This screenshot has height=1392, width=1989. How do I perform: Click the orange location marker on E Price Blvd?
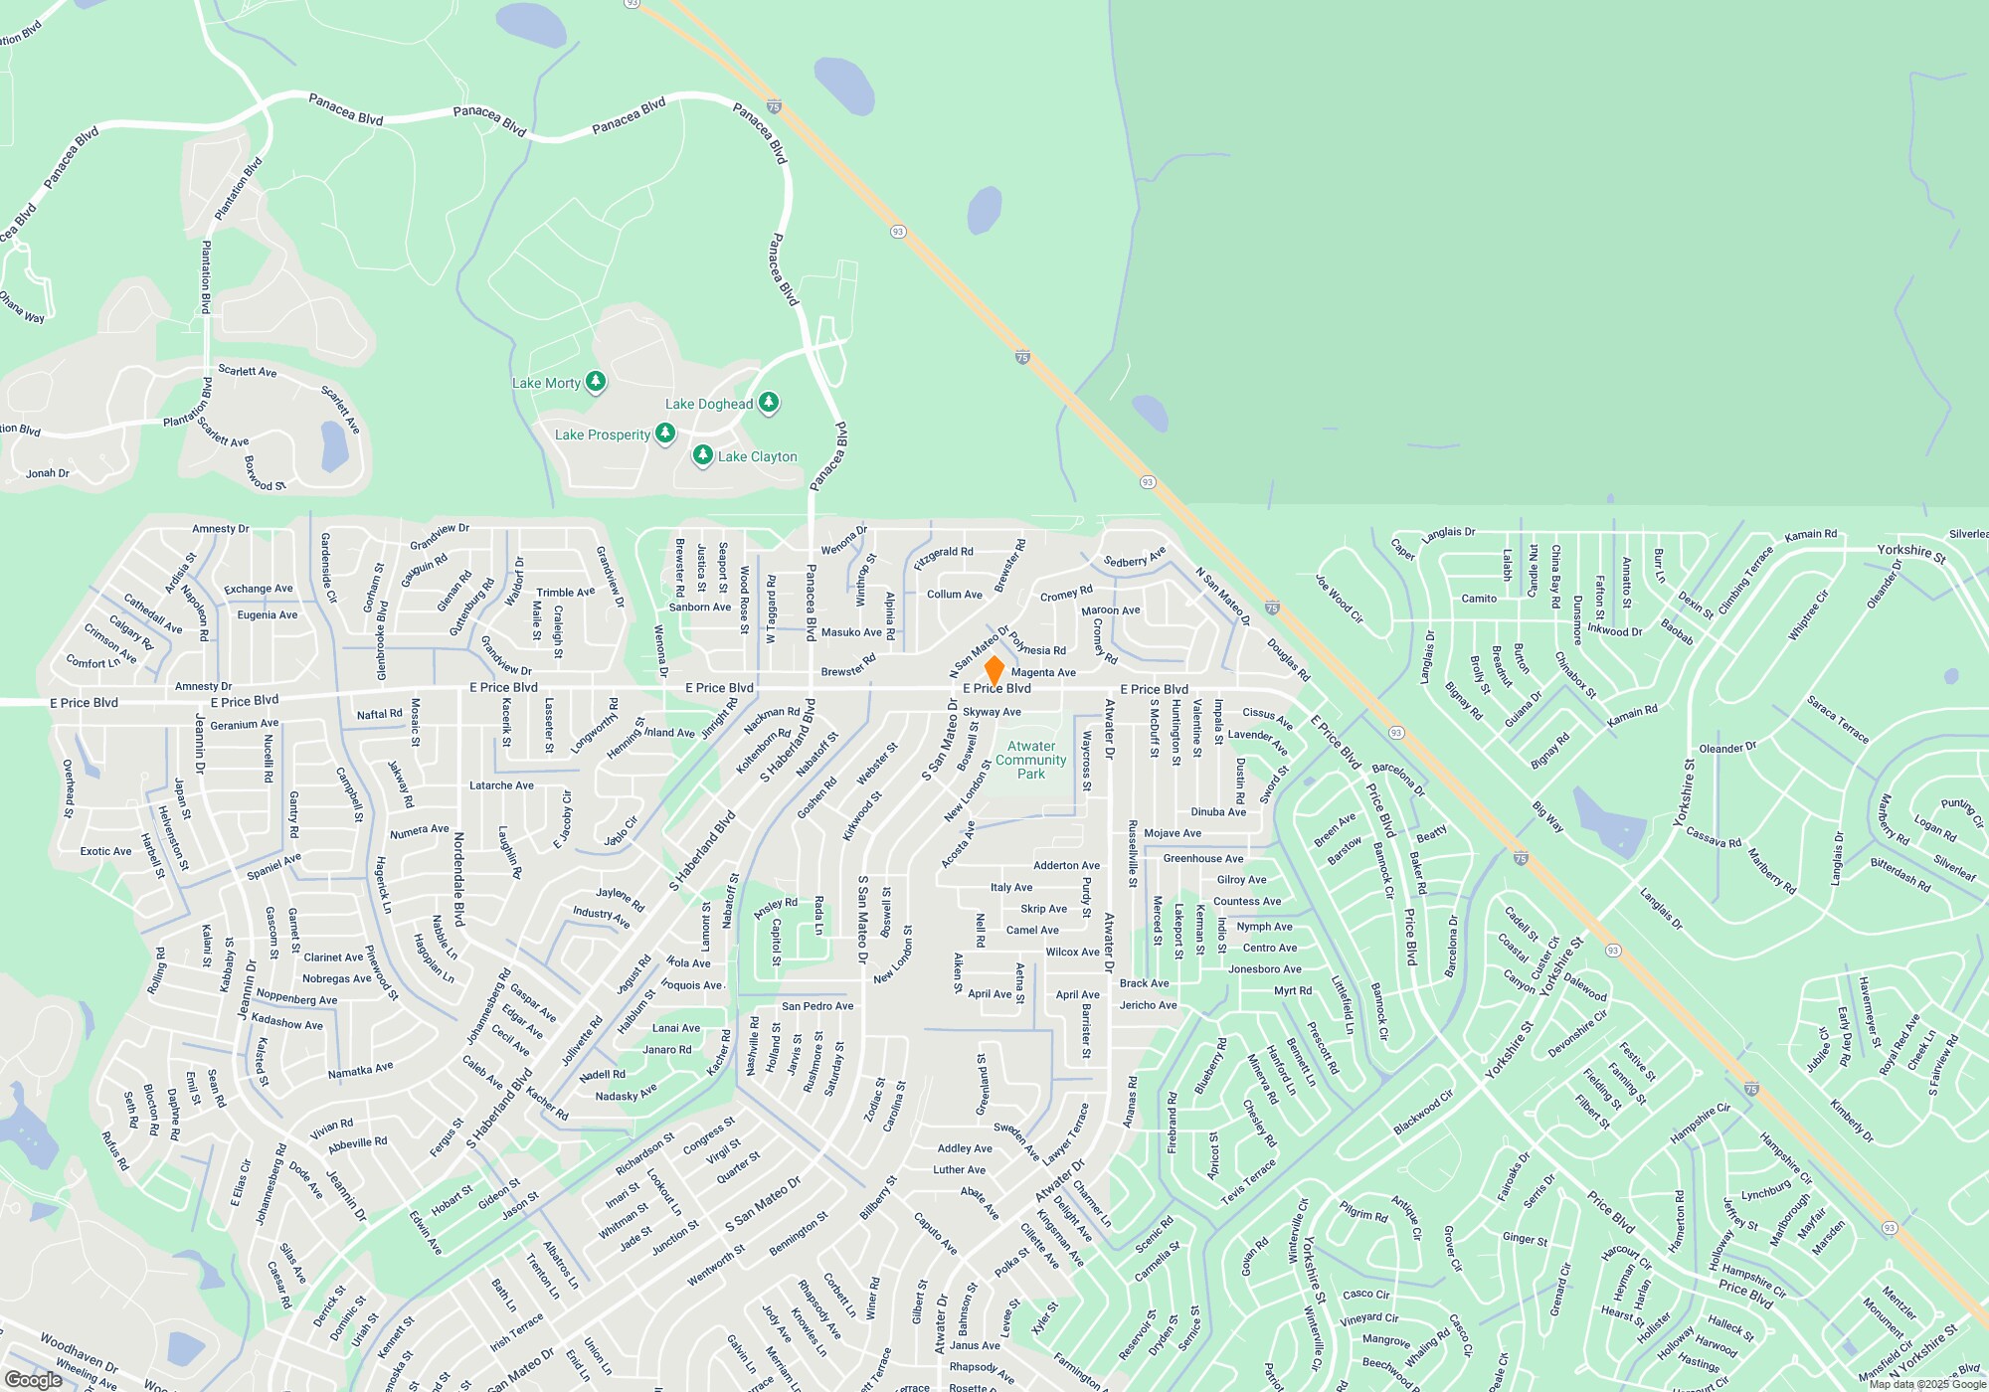point(994,670)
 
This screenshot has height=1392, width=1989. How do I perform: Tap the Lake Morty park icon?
point(596,381)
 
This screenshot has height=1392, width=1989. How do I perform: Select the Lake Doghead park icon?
point(769,402)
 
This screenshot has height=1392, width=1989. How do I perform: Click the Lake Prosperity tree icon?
point(665,433)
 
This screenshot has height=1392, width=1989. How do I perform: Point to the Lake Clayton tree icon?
point(703,454)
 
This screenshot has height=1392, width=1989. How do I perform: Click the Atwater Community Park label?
point(1031,760)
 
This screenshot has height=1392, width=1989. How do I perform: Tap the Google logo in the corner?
point(34,1379)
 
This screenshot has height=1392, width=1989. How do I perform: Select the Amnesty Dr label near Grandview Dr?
point(221,529)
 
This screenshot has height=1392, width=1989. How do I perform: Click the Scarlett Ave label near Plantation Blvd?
point(248,371)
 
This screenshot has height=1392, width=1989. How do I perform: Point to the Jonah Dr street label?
point(48,473)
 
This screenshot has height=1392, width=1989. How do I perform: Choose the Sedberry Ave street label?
point(1135,558)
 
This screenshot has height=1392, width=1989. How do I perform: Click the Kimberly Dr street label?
point(1851,1121)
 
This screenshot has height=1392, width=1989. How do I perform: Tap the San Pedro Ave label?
point(817,1006)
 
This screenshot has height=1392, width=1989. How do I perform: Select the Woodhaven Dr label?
point(79,1352)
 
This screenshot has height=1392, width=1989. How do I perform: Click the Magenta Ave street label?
point(1043,673)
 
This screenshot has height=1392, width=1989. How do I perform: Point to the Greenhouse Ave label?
point(1203,858)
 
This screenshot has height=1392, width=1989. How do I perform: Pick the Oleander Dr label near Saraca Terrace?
point(1727,748)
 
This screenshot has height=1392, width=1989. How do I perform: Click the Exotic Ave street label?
point(106,851)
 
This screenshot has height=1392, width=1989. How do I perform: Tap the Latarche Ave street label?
point(501,785)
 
